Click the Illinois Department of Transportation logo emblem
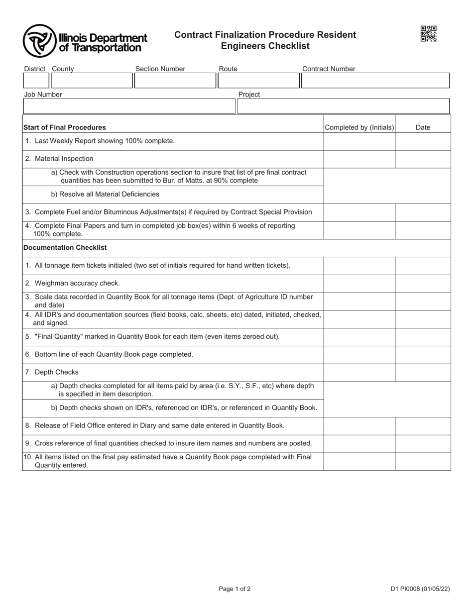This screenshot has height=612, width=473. click(39, 41)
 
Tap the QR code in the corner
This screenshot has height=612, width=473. click(428, 34)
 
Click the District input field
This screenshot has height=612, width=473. click(36, 81)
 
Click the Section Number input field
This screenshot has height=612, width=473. click(175, 81)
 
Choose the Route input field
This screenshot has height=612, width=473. click(258, 81)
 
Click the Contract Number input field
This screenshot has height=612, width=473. click(375, 81)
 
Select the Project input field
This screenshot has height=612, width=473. click(343, 106)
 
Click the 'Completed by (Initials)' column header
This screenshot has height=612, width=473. click(359, 127)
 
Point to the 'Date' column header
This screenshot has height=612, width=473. click(423, 127)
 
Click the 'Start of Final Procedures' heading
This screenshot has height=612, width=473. click(65, 127)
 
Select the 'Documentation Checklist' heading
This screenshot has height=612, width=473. click(65, 247)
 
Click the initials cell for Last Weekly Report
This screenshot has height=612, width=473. click(359, 141)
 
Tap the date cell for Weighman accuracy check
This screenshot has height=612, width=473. click(423, 283)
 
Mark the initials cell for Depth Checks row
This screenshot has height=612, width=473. click(359, 372)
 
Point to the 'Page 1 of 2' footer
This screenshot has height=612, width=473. click(235, 589)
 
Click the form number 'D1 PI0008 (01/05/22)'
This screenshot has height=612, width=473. click(420, 589)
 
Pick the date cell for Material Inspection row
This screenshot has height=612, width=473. click(423, 159)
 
